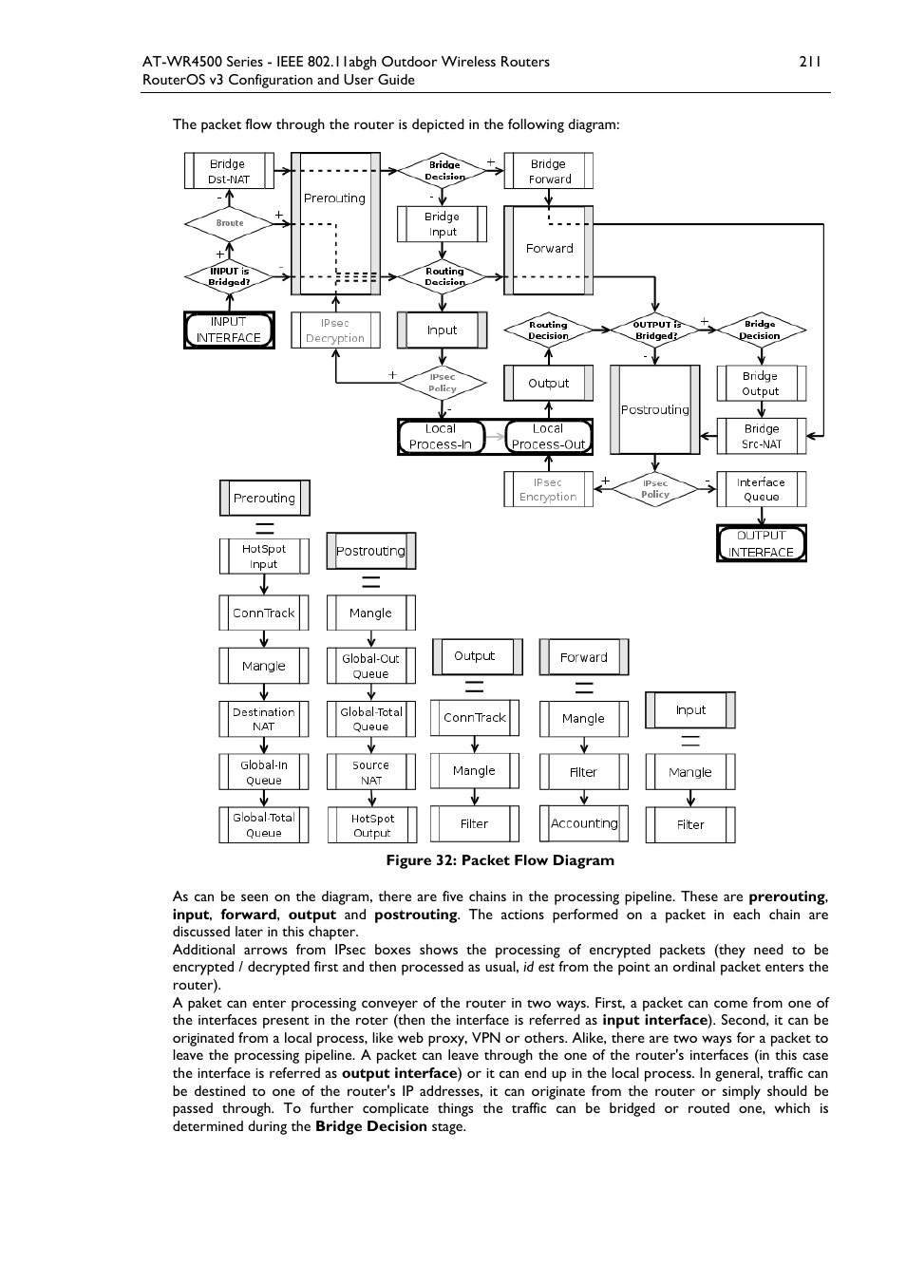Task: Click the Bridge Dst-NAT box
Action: (229, 171)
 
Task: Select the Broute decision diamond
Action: (230, 223)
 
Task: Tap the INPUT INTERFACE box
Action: (229, 330)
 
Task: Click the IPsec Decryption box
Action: (335, 330)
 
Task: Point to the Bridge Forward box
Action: (549, 171)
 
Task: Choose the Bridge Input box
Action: (442, 224)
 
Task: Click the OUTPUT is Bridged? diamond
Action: (656, 330)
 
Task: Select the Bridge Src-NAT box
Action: (762, 436)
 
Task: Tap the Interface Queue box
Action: (762, 489)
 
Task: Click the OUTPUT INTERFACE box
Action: (762, 543)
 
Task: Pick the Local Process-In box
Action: (441, 436)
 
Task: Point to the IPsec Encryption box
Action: (548, 489)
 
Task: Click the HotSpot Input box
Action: (264, 557)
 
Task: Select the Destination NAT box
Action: (264, 719)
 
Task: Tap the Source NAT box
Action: (371, 772)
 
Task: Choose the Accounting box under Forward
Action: (584, 823)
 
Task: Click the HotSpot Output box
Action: (372, 825)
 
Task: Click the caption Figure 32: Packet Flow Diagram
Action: (500, 860)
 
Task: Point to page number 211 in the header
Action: (809, 62)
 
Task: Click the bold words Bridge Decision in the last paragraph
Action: (371, 1126)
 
